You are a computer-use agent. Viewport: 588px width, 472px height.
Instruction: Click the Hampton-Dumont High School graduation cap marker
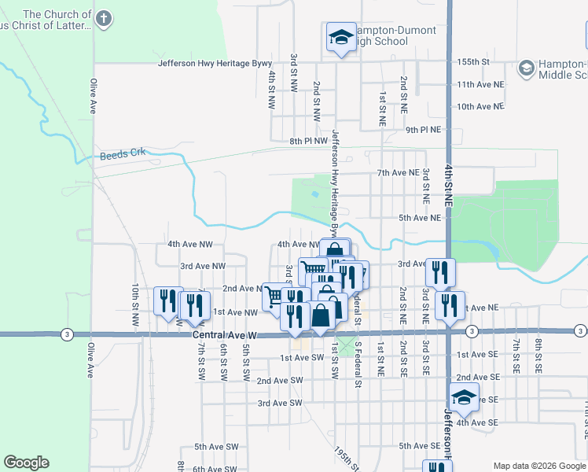tap(341, 36)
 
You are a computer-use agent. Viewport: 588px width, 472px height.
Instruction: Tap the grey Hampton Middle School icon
tap(525, 68)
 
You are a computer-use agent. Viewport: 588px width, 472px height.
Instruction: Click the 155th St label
tap(474, 61)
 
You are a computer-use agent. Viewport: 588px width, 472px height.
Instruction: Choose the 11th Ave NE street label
tap(479, 84)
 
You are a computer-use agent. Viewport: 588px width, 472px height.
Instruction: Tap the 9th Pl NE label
tap(423, 129)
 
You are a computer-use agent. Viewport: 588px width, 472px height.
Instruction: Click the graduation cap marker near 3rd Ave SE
tap(464, 397)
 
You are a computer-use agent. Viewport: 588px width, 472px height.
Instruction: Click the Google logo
tap(26, 463)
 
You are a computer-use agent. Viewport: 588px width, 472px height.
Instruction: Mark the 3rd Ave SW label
tap(280, 403)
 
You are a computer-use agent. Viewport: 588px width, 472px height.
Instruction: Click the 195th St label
tap(340, 460)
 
